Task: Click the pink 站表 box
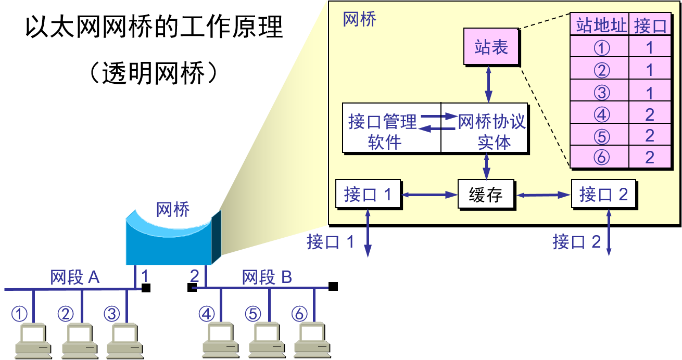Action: (x=491, y=47)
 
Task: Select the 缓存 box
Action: (x=486, y=195)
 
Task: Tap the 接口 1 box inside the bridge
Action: (x=368, y=195)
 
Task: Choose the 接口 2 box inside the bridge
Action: (x=603, y=195)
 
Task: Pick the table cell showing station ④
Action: (x=600, y=114)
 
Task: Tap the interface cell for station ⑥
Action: (x=650, y=158)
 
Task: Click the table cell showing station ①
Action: (x=600, y=48)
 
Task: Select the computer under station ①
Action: (x=32, y=341)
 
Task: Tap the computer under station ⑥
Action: (x=312, y=341)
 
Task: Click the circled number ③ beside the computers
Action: (x=112, y=314)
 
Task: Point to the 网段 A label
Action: (x=75, y=277)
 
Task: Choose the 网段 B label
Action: (x=267, y=277)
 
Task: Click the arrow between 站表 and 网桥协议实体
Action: (x=488, y=84)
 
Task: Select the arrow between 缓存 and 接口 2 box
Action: (x=543, y=195)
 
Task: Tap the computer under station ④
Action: (x=220, y=341)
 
